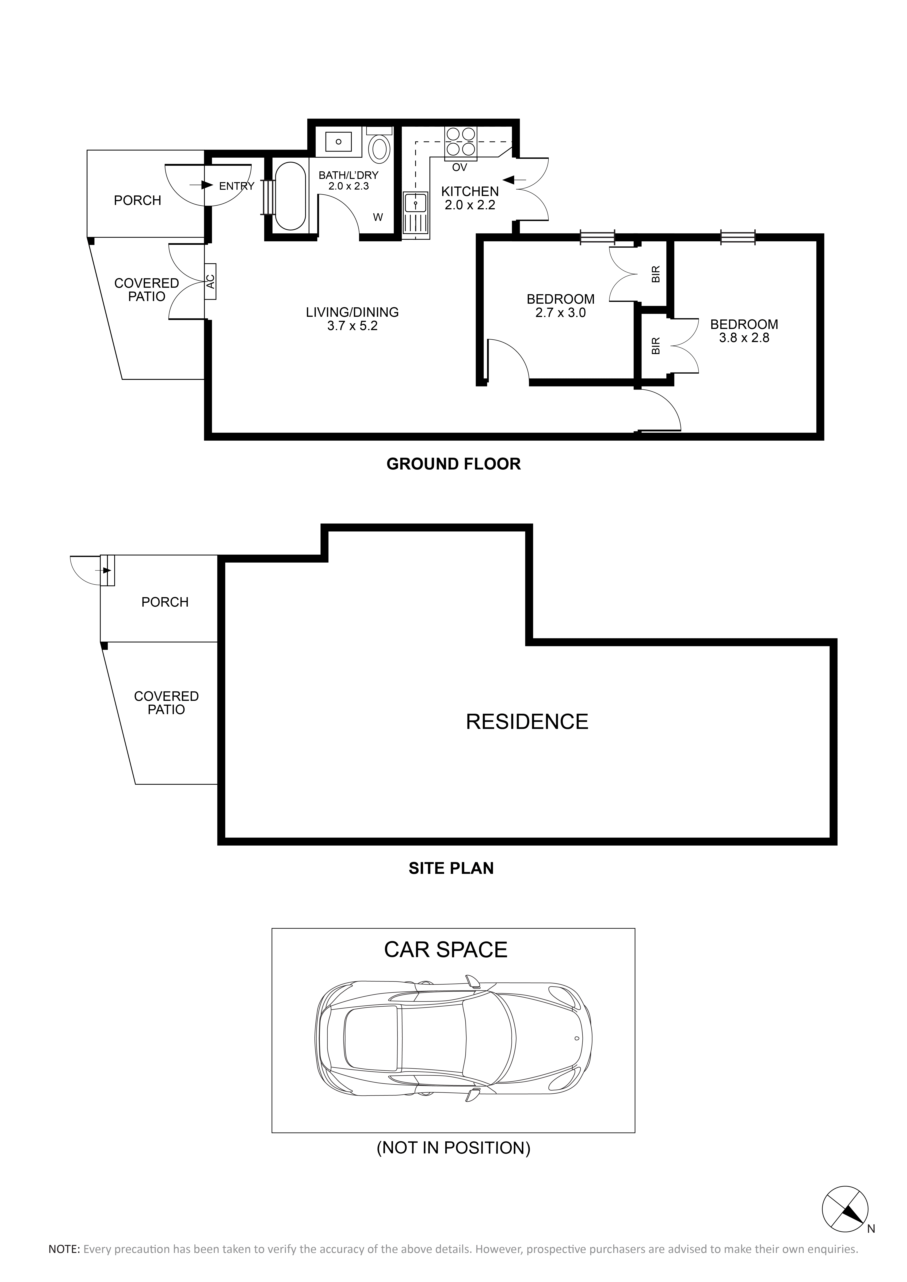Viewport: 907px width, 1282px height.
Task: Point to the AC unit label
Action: [211, 281]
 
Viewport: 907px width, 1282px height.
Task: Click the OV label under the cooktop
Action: [460, 167]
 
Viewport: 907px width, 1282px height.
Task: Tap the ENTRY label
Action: [237, 186]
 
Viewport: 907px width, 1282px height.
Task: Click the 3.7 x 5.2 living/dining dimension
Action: [353, 326]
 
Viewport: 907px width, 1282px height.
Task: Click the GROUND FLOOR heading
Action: [453, 464]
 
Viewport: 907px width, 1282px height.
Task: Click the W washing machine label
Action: [378, 217]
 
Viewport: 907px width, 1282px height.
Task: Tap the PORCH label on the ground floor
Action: [137, 200]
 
